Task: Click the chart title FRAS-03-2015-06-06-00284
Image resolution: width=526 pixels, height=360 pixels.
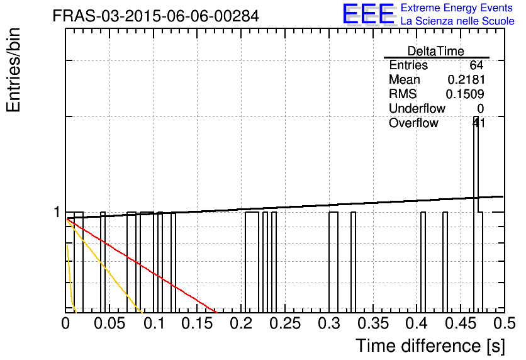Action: coord(155,16)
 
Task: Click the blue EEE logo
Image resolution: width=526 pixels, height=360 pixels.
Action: coord(369,14)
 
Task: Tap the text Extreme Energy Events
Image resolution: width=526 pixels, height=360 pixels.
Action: coord(457,8)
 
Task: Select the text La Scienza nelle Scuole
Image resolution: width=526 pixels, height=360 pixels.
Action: coord(457,21)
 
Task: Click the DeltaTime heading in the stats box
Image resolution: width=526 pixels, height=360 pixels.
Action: coord(436,51)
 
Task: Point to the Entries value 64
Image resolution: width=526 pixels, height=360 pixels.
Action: coord(476,65)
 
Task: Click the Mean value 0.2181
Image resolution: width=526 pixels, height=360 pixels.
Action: coord(466,80)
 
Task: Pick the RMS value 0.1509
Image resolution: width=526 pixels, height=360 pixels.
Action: coord(465,94)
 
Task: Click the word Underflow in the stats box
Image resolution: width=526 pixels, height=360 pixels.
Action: coord(417,108)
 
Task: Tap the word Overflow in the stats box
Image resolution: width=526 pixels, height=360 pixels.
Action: coord(413,123)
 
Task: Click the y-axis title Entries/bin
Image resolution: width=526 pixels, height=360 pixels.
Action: coord(14,70)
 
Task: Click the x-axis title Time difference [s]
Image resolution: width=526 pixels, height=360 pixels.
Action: coord(430,346)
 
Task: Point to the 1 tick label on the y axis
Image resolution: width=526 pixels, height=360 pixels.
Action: coord(57,212)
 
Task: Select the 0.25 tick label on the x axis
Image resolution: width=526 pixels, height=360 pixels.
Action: coord(285,323)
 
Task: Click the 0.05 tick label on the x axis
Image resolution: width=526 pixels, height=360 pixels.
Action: coord(109,323)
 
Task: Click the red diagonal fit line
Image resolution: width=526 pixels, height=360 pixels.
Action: coord(142,266)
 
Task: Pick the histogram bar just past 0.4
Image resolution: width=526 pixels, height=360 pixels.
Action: coord(423,262)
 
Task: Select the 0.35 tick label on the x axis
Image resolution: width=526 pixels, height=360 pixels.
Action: coord(373,323)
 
